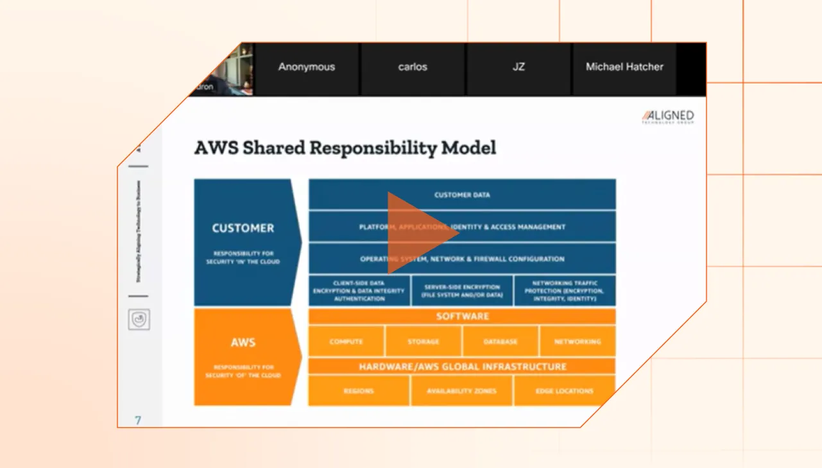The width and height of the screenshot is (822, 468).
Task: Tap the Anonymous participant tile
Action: point(307,67)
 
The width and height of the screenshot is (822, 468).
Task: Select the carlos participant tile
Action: point(412,67)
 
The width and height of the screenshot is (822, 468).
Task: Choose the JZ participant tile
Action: point(518,67)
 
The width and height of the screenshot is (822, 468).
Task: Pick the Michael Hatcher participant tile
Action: point(624,67)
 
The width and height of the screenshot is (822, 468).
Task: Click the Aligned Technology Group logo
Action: point(668,117)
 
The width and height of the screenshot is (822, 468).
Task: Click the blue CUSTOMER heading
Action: point(243,228)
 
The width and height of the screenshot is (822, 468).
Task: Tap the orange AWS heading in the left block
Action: point(243,342)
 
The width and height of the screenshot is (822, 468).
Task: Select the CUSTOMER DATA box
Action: point(462,195)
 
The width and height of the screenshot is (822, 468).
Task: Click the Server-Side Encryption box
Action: point(462,291)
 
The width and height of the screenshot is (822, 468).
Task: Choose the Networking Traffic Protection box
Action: point(565,291)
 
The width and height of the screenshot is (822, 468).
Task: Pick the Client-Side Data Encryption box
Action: point(359,291)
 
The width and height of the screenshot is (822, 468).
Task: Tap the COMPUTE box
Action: point(347,342)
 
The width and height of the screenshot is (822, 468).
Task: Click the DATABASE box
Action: point(501,342)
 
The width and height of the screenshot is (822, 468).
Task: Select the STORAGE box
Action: point(424,342)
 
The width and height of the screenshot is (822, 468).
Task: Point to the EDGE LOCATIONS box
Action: point(565,391)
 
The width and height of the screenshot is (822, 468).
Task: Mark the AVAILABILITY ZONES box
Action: point(462,391)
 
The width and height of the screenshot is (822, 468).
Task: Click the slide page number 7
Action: point(138,420)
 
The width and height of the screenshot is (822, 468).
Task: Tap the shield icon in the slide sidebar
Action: point(139,319)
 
